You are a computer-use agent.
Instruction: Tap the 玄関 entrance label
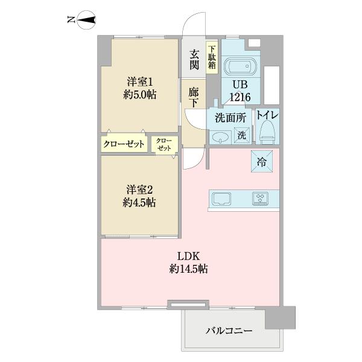tap(194, 59)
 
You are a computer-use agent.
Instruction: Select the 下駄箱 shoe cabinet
tap(212, 59)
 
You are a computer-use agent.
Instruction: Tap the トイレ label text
tap(266, 115)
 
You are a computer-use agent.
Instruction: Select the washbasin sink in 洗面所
tap(220, 136)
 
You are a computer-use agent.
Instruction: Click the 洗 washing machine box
tap(241, 136)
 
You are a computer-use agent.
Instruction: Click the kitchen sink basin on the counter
tap(221, 198)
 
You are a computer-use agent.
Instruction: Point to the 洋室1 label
tap(140, 81)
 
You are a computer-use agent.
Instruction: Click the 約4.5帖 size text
tap(140, 203)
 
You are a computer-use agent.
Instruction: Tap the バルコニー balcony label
tap(229, 331)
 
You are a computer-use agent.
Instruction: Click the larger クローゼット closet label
tap(124, 144)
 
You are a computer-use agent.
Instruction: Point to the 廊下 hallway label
tap(194, 98)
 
